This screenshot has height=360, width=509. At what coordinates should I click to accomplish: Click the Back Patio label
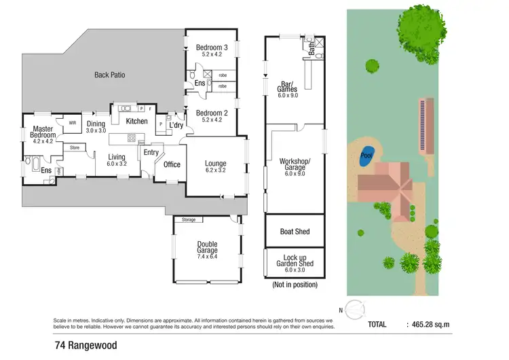click(x=109, y=75)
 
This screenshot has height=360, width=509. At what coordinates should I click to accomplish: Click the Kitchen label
click(x=136, y=121)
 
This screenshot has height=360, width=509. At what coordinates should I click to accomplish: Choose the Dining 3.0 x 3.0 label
click(x=96, y=127)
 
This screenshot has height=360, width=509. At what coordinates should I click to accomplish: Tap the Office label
click(x=172, y=164)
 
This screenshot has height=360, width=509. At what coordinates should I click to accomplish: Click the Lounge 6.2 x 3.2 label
click(x=216, y=167)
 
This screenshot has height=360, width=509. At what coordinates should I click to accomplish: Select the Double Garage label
click(x=208, y=249)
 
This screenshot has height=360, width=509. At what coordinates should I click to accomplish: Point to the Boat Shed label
click(x=295, y=232)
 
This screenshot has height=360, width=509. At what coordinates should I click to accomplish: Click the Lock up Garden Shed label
click(x=295, y=264)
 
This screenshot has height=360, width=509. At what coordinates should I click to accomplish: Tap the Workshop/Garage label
click(x=295, y=166)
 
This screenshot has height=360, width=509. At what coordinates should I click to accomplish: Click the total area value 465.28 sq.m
click(x=427, y=325)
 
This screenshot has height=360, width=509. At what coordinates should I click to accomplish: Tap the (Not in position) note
click(x=295, y=285)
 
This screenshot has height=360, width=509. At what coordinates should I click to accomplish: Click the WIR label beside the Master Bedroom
click(x=72, y=123)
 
